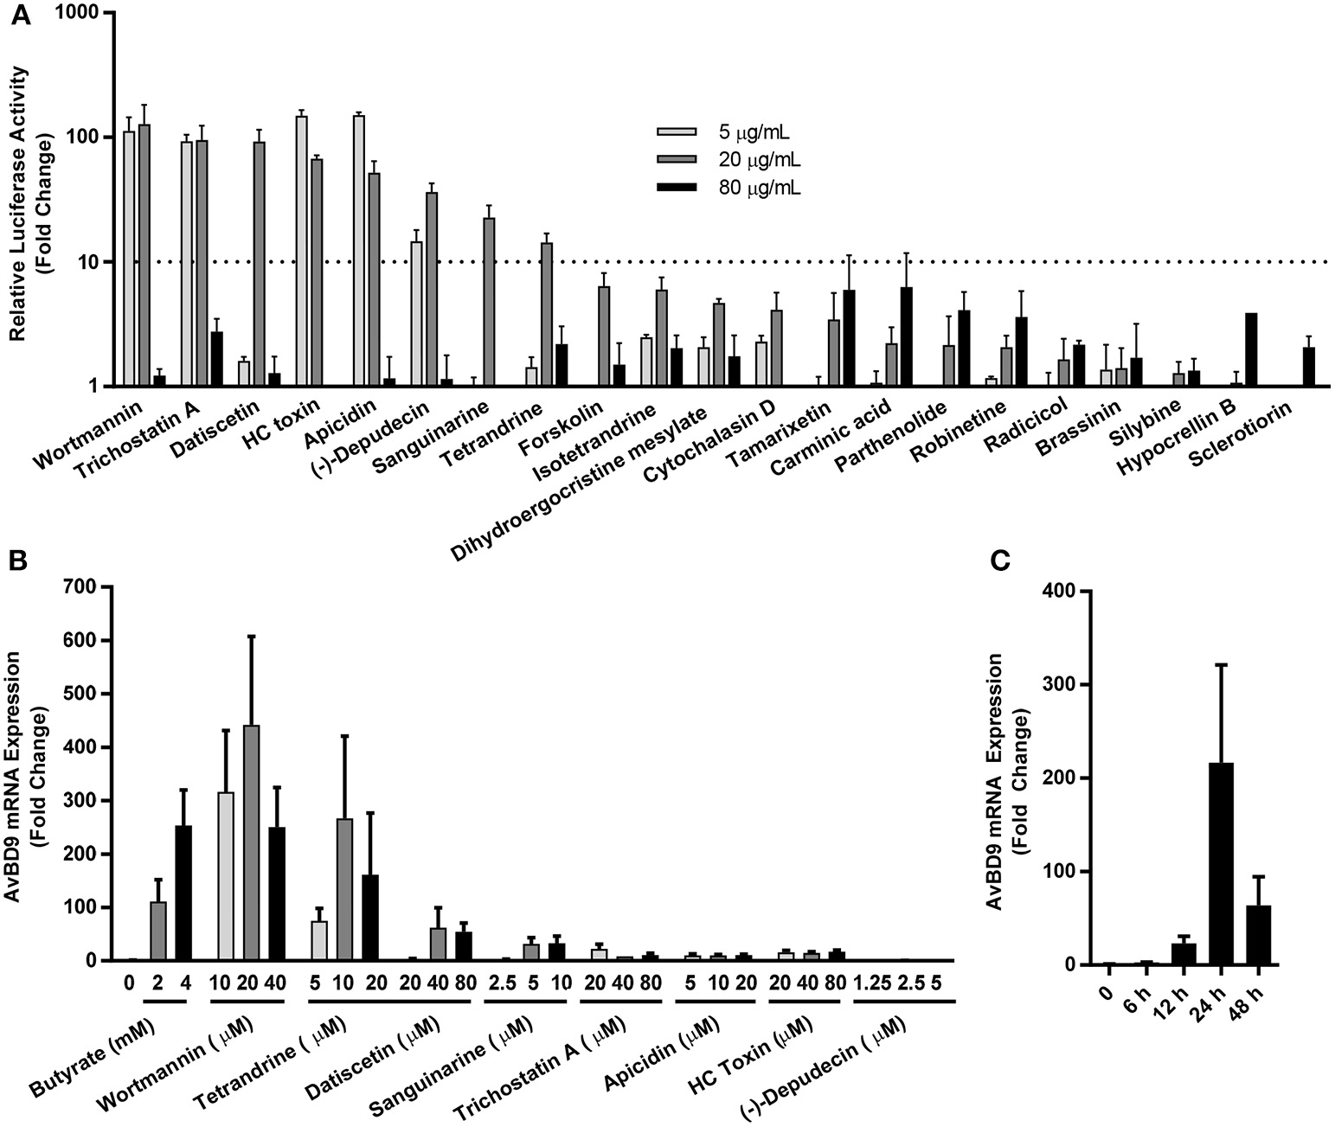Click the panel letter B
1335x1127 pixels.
pyautogui.click(x=16, y=560)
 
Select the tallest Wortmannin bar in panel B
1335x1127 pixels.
pyautogui.click(x=252, y=842)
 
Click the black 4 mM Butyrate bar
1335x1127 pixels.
pyautogui.click(x=183, y=893)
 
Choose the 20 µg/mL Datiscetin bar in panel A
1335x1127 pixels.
pyautogui.click(x=259, y=263)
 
